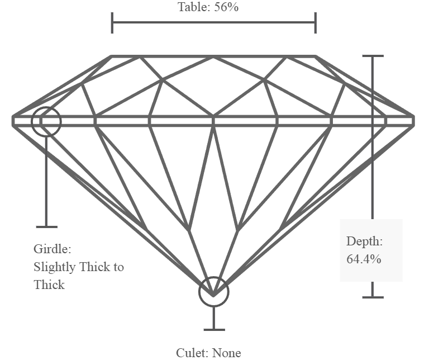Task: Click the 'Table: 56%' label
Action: [208, 7]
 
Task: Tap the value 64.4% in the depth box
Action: [364, 259]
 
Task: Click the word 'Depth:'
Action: [364, 241]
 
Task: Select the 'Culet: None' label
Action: [208, 353]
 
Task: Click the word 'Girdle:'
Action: [53, 249]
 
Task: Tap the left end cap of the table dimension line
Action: [112, 23]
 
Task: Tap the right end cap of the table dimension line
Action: [316, 23]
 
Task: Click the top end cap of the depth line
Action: [373, 56]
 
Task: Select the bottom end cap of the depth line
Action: [373, 297]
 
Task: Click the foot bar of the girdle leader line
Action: [47, 226]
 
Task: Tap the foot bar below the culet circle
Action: [214, 330]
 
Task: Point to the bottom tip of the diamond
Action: [213, 296]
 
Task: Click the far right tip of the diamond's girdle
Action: [414, 121]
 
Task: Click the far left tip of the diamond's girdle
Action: [13, 121]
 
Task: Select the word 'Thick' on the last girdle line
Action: [49, 285]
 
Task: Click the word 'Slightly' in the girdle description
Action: [55, 267]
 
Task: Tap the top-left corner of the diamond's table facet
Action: [112, 56]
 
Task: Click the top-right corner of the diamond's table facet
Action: [316, 56]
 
